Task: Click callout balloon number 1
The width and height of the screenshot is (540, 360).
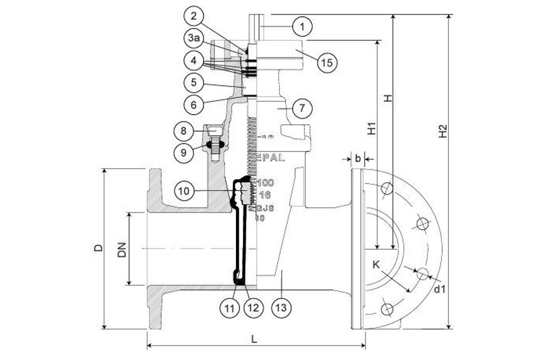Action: [303, 26]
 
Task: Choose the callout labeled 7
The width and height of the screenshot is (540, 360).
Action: [302, 108]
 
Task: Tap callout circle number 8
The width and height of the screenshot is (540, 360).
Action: [184, 130]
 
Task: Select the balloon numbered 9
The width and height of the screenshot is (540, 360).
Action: [184, 152]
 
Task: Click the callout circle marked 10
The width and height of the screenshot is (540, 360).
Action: [185, 190]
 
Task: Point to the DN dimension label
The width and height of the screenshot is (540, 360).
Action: [122, 253]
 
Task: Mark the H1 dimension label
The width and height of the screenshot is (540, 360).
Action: [371, 128]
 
